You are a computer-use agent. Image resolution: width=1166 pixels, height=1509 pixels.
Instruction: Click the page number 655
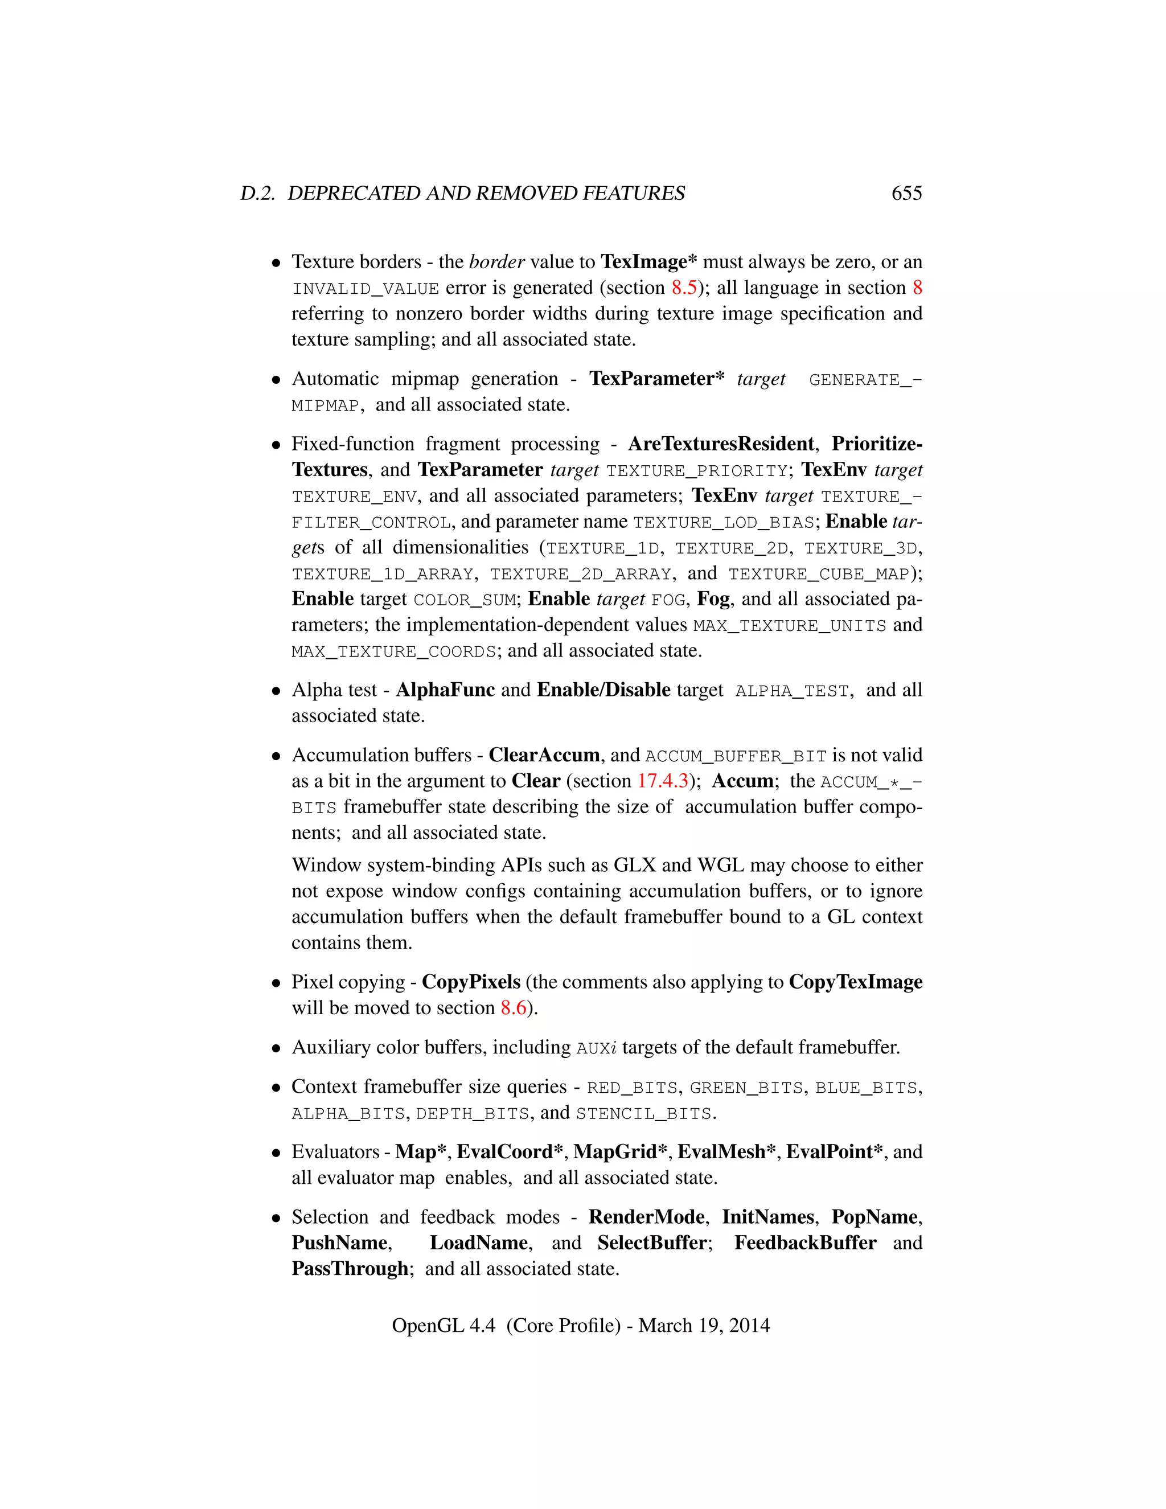(906, 194)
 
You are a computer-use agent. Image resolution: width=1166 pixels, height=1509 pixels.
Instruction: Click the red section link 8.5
(684, 288)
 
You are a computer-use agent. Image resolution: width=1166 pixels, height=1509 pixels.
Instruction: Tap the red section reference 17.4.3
(663, 781)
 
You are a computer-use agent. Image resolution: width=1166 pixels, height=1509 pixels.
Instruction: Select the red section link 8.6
(513, 1008)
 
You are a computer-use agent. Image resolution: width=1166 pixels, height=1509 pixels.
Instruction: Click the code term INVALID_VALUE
(365, 289)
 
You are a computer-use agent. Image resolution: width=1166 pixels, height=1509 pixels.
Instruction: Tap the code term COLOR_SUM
(465, 600)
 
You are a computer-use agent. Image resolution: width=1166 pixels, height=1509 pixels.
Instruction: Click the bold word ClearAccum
(544, 755)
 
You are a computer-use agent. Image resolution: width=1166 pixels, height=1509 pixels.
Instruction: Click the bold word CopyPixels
(471, 982)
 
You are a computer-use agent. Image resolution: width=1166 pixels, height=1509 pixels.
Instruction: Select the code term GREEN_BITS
(746, 1088)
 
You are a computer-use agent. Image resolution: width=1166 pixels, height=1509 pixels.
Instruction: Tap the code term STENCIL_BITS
(643, 1114)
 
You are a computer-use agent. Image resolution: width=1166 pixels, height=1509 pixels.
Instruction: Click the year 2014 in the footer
(749, 1326)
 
